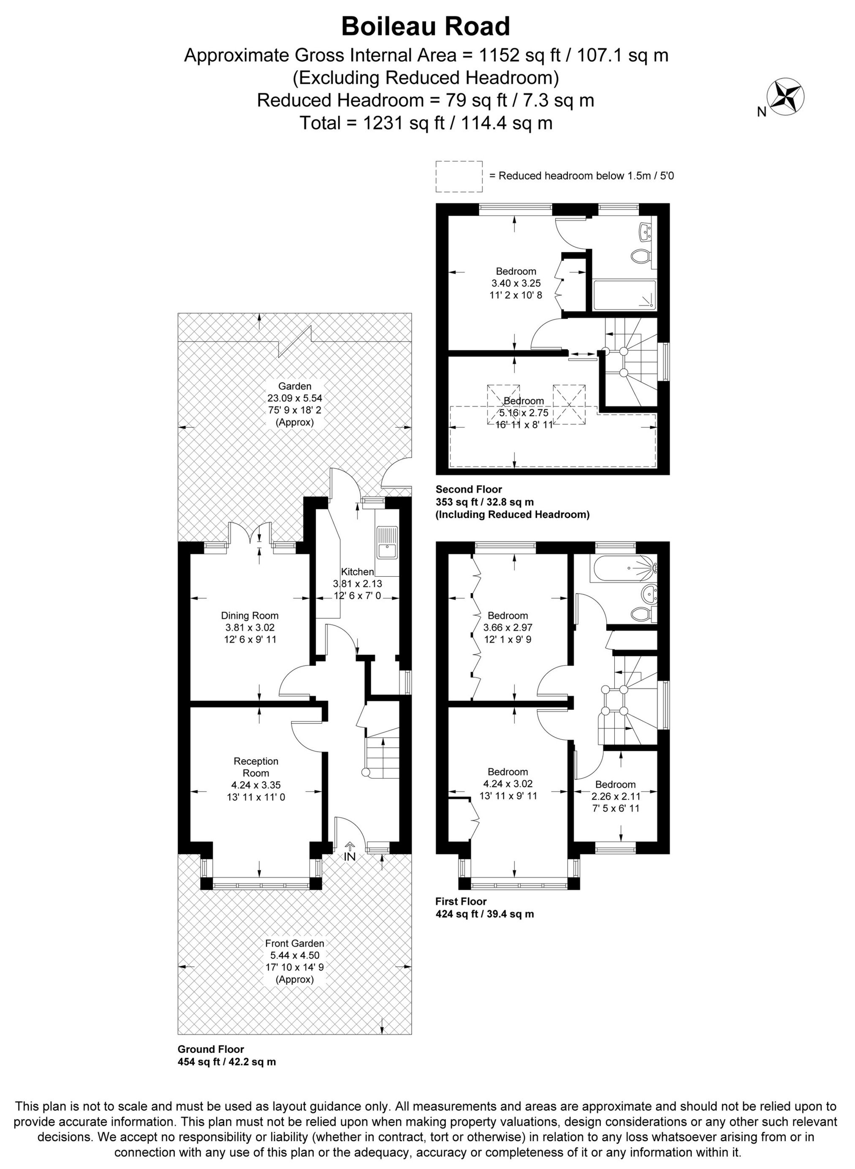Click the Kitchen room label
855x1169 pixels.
pyautogui.click(x=357, y=572)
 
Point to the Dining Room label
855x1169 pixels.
pyautogui.click(x=250, y=616)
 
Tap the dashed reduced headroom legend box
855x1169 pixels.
pyautogui.click(x=459, y=177)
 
